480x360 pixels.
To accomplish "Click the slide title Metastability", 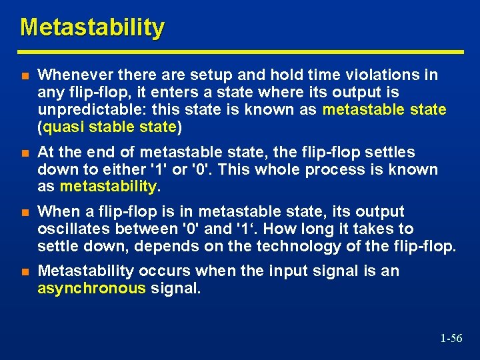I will (92, 27).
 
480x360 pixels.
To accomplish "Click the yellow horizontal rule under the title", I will (241, 51).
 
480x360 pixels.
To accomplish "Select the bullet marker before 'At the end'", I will (25, 153).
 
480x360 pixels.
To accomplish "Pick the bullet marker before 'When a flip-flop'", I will (25, 213).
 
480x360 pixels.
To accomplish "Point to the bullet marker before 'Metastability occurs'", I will (25, 272).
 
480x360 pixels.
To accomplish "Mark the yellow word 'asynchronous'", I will (91, 288).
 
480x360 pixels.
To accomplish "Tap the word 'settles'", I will (390, 153).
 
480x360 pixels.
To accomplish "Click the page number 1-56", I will (451, 339).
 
